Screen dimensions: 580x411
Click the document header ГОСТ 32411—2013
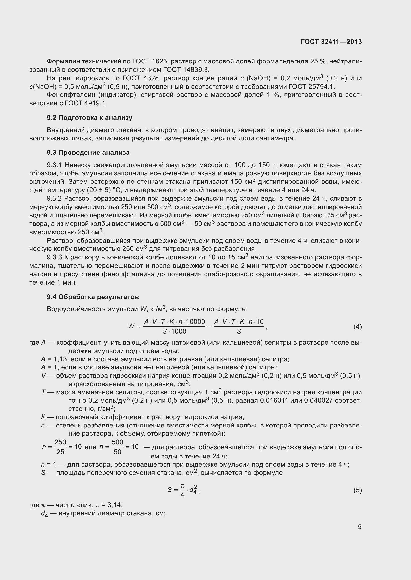click(x=331, y=42)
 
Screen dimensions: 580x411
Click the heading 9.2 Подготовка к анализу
click(x=90, y=118)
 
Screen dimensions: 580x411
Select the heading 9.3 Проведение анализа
click(x=88, y=153)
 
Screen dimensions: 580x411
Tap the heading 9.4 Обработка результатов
click(x=93, y=297)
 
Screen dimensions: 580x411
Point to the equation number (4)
click(x=357, y=327)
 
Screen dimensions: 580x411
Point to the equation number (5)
click(x=357, y=490)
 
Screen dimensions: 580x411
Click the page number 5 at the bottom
click(x=359, y=527)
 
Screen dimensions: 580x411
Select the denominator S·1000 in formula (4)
click(x=174, y=331)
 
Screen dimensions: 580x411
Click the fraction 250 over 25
click(x=60, y=447)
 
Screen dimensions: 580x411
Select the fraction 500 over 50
click(x=118, y=447)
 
